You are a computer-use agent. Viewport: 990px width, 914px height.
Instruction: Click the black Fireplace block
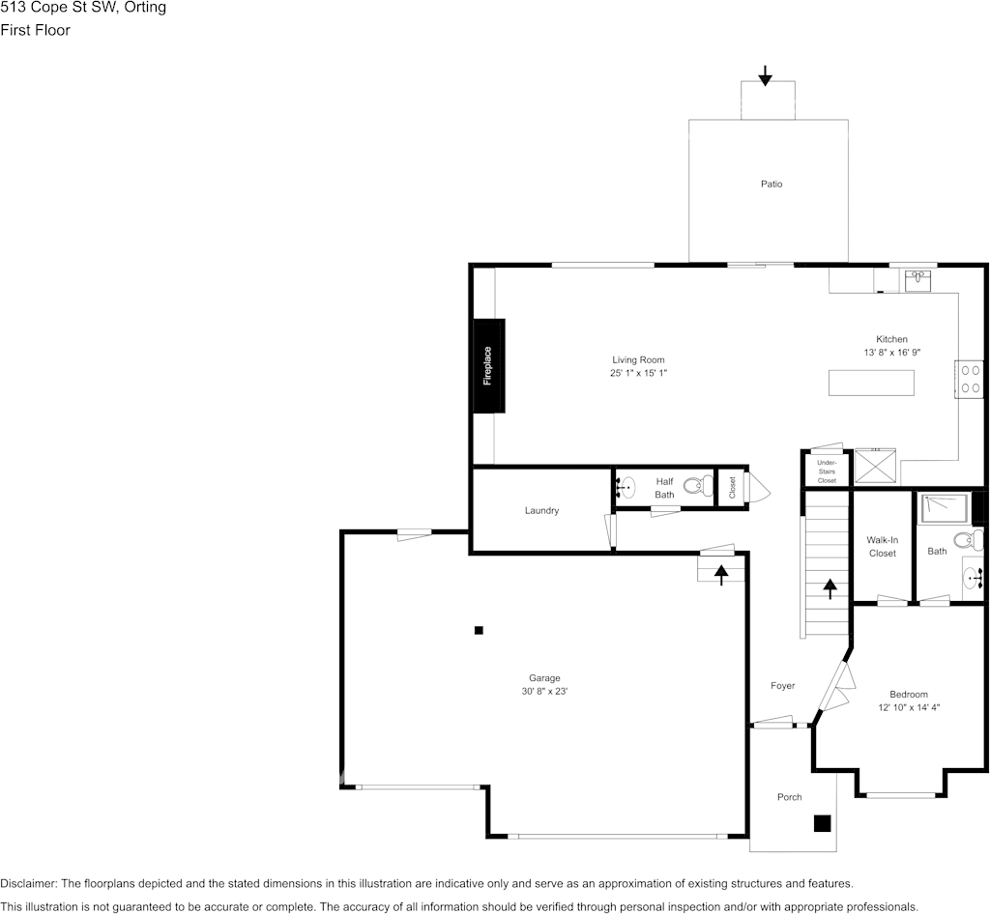488,365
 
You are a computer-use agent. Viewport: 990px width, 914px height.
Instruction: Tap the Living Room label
638,360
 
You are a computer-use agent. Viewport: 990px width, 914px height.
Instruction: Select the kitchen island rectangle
871,383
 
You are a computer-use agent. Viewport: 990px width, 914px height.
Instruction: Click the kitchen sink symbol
917,280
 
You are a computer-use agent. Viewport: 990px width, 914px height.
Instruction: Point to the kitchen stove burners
969,378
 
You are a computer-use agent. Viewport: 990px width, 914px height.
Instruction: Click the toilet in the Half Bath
694,485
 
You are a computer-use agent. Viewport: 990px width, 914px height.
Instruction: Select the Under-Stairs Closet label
827,471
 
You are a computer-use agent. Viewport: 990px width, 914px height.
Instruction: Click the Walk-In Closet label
882,547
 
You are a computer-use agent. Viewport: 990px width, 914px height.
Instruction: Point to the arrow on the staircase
830,588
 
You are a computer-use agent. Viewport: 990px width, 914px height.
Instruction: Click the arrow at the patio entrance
765,75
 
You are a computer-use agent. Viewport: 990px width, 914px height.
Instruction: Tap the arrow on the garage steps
721,574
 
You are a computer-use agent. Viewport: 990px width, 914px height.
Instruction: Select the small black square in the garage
479,630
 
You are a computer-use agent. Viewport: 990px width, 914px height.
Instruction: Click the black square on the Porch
822,823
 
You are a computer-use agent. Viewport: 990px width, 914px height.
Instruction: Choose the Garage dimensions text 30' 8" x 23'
544,691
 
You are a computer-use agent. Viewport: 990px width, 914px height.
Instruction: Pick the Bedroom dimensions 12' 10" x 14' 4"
909,707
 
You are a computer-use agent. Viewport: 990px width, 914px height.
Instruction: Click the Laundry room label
541,510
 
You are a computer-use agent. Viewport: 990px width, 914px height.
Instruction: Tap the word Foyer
782,686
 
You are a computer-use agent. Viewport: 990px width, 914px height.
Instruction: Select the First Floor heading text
36,30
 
